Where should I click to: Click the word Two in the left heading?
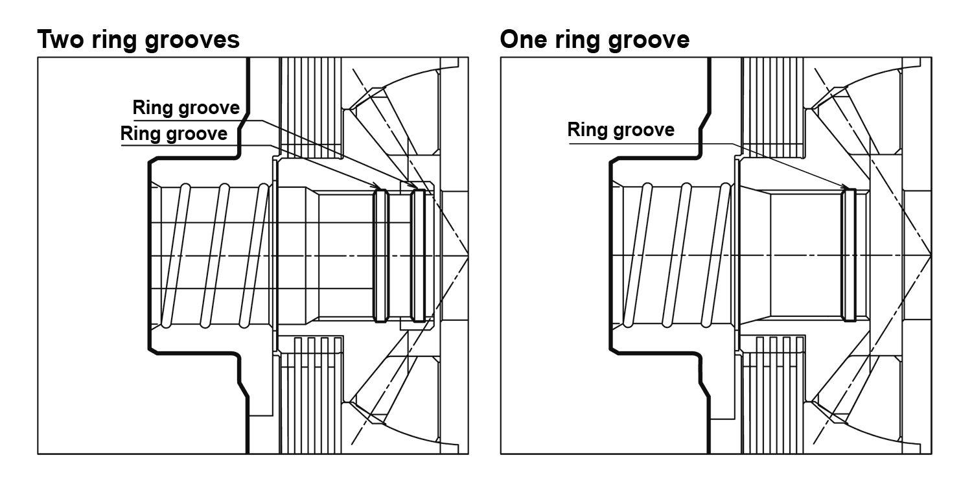point(62,40)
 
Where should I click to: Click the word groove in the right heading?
point(647,41)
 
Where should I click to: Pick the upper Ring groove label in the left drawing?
point(186,107)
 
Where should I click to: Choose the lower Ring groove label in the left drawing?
point(174,134)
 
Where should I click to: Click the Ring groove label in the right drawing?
point(621,130)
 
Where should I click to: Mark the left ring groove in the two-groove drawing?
point(380,255)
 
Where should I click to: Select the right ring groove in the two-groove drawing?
point(418,255)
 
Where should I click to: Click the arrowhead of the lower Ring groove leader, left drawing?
point(376,188)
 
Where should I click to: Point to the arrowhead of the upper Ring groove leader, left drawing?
point(415,187)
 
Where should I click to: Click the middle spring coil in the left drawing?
point(214,255)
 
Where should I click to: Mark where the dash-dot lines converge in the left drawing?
point(469,255)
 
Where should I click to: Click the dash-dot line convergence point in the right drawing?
point(931,255)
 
